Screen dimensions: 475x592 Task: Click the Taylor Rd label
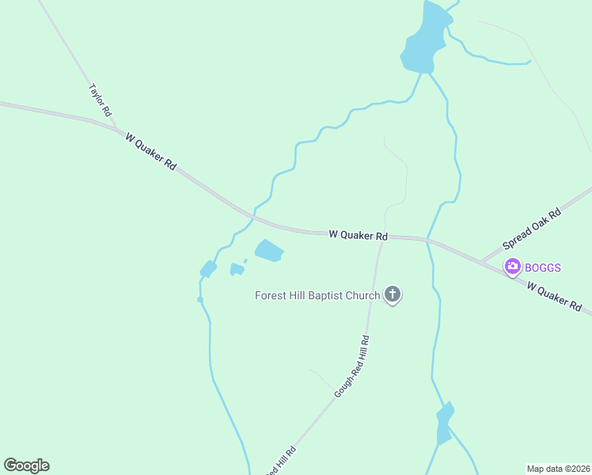[101, 101]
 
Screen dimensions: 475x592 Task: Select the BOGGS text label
[543, 268]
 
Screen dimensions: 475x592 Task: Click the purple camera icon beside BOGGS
[513, 267]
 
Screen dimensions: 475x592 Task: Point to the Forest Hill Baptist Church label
[317, 296]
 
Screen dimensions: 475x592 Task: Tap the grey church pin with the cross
[392, 295]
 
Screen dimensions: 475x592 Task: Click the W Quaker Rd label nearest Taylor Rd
[150, 150]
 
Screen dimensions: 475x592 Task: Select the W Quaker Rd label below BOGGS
[554, 297]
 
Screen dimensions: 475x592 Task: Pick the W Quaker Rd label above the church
[358, 235]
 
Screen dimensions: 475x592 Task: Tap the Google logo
[26, 465]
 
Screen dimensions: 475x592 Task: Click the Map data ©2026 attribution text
[558, 469]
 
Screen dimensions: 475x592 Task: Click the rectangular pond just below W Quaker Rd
[269, 251]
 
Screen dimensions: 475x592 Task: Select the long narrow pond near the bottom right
[444, 423]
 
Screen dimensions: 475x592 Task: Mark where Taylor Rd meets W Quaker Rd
[116, 127]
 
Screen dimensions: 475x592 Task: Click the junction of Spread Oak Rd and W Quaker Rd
[480, 261]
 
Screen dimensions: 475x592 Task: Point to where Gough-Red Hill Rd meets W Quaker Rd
[383, 236]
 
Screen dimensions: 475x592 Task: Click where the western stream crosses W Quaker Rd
[252, 216]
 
